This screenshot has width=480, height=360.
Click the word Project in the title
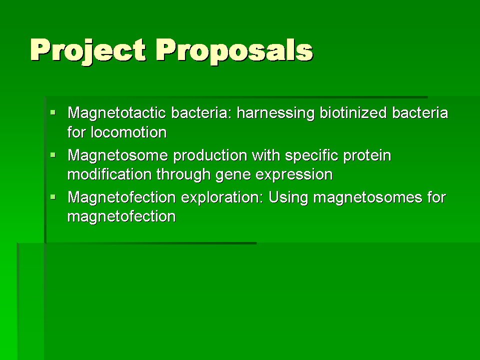88,51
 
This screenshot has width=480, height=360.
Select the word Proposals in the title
234,51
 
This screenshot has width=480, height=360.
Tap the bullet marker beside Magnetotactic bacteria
53,112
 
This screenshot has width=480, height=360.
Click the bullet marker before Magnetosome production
53,155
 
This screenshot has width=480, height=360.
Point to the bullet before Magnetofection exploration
53,197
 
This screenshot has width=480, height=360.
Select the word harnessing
275,113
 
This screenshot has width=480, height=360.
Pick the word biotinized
353,113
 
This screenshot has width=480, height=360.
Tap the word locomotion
129,132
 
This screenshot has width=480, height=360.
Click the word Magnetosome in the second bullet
117,155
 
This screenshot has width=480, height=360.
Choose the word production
210,156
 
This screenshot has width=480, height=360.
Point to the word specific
311,156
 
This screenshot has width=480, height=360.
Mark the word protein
367,156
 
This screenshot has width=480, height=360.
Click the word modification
109,174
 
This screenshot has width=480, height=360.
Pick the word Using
288,198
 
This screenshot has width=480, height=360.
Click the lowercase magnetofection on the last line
121,216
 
